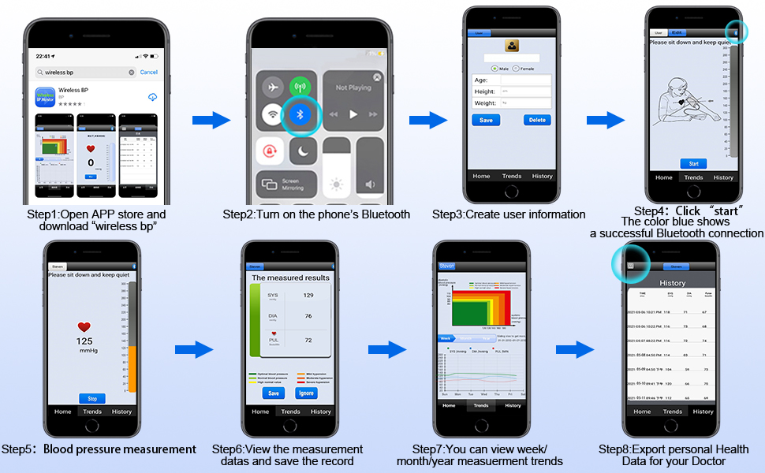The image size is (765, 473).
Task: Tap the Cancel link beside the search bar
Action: click(148, 72)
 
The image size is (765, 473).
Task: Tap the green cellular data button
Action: click(300, 88)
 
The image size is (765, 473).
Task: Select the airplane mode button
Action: click(273, 88)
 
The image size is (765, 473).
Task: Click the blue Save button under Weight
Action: click(486, 120)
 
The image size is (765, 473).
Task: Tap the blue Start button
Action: click(693, 164)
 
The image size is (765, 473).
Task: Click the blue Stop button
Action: click(91, 399)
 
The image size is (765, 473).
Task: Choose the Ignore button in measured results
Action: click(306, 393)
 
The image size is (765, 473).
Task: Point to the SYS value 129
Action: click(308, 295)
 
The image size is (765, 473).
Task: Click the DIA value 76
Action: click(308, 317)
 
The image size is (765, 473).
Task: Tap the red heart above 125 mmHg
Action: click(84, 327)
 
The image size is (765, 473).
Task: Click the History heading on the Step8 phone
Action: click(673, 283)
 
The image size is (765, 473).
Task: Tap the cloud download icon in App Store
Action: click(152, 96)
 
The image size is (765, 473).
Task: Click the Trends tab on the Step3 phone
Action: click(511, 176)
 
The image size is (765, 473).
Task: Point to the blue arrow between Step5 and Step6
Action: click(194, 350)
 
